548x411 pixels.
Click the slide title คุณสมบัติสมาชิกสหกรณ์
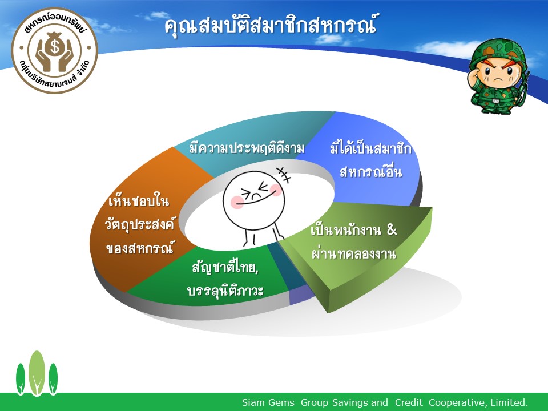(x=271, y=26)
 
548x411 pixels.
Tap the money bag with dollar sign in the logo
(x=54, y=45)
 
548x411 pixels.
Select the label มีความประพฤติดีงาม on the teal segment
(x=247, y=148)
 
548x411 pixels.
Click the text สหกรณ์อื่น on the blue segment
(x=371, y=172)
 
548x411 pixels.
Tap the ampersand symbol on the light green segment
(x=392, y=229)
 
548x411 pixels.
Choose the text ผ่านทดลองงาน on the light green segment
(x=354, y=253)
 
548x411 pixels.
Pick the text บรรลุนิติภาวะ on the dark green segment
(x=225, y=291)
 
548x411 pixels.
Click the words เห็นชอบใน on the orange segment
(x=138, y=201)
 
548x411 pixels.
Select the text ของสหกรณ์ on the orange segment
(x=139, y=248)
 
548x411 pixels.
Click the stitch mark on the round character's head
(x=284, y=175)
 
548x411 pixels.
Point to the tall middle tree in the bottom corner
(x=37, y=373)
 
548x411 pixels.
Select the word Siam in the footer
(x=253, y=402)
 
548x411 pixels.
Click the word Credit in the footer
(x=409, y=402)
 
